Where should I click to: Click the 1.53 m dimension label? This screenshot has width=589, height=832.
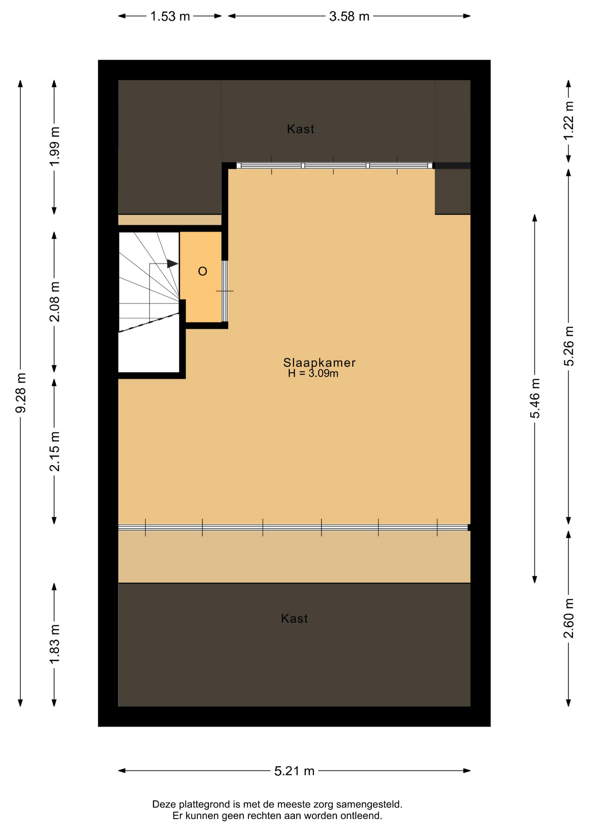[170, 16]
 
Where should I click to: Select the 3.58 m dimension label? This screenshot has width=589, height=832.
[349, 16]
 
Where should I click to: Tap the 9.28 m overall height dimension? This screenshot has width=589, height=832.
[21, 393]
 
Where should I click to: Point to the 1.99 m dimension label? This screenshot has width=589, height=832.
[55, 146]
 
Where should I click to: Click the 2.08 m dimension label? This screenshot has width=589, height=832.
[55, 302]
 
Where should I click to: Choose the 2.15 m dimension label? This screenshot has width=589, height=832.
[55, 452]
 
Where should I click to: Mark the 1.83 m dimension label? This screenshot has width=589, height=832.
[55, 644]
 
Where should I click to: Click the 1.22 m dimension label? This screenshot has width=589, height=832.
[569, 120]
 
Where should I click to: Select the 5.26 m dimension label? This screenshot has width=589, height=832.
[569, 346]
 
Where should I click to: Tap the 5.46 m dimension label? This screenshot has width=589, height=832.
[535, 399]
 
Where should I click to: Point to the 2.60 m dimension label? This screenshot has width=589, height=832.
[569, 618]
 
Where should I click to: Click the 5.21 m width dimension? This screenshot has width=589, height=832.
[294, 771]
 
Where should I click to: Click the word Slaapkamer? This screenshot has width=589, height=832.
[320, 363]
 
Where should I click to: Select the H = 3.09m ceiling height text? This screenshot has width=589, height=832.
[313, 374]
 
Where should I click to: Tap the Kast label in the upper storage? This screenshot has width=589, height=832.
[301, 129]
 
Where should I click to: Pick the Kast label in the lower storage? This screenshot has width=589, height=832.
[294, 618]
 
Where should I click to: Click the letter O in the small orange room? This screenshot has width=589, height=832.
[203, 272]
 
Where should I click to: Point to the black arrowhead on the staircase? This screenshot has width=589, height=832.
[173, 263]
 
